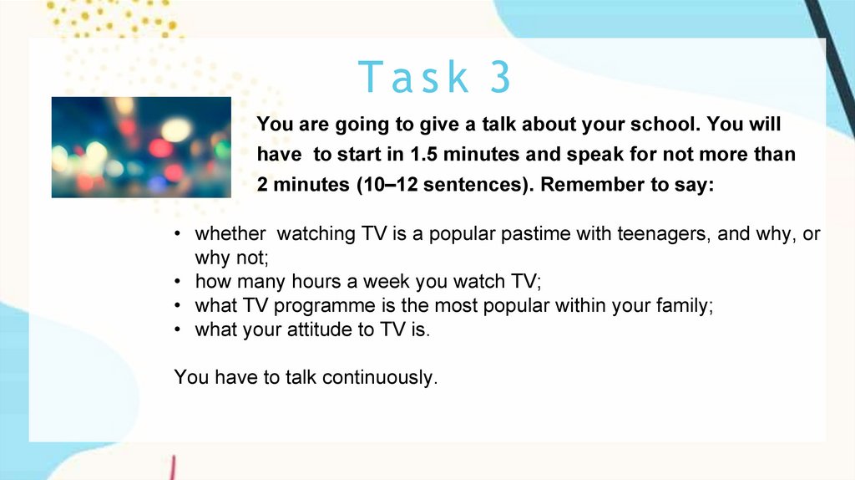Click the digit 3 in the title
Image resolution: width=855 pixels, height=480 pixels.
[x=500, y=76]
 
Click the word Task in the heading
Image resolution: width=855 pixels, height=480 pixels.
[x=413, y=76]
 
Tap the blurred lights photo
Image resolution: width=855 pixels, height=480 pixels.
[x=141, y=147]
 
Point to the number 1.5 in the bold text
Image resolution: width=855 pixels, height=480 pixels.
[x=423, y=154]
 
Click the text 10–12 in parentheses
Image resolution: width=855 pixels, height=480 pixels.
[x=388, y=184]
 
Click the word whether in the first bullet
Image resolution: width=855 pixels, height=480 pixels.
[x=230, y=233]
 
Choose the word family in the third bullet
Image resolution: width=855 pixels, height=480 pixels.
[x=685, y=306]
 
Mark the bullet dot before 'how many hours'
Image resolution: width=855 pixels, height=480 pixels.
[x=177, y=282]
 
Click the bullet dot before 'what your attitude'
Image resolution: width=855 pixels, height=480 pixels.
[x=177, y=329]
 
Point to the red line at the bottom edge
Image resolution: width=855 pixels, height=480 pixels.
[x=173, y=468]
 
